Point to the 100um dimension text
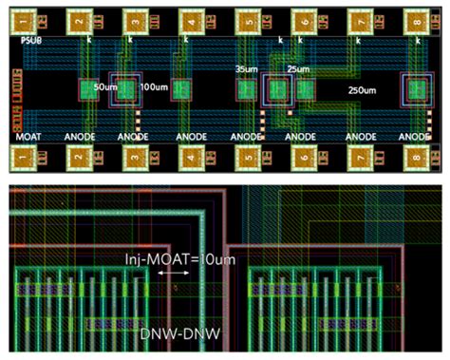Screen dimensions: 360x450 click(153, 87)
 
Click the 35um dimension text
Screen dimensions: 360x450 click(247, 70)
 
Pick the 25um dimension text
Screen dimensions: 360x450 click(297, 70)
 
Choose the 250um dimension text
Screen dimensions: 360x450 click(361, 91)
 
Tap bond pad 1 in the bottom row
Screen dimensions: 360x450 click(25, 156)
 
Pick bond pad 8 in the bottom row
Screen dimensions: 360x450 click(418, 156)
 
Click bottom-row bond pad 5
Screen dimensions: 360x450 click(250, 156)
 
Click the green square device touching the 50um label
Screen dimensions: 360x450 click(87, 90)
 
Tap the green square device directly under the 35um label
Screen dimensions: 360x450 click(247, 90)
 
